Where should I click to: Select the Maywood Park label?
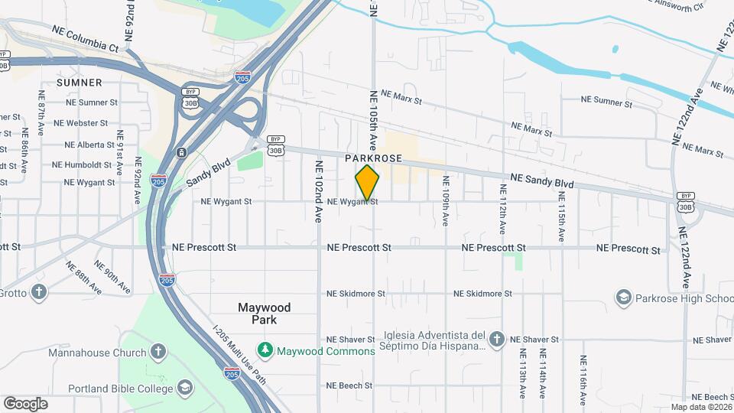pyautogui.click(x=264, y=314)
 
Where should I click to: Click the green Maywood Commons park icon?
pyautogui.click(x=266, y=350)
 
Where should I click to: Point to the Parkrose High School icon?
pyautogui.click(x=624, y=297)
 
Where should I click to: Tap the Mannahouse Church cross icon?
pyautogui.click(x=158, y=353)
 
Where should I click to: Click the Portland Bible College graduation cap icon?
pyautogui.click(x=184, y=388)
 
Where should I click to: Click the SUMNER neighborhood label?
pyautogui.click(x=79, y=82)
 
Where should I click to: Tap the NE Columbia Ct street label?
pyautogui.click(x=86, y=38)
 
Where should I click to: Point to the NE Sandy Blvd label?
pyautogui.click(x=542, y=181)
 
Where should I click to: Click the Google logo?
pyautogui.click(x=25, y=403)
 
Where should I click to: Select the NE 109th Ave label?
pyautogui.click(x=445, y=200)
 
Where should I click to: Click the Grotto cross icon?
pyautogui.click(x=39, y=291)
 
